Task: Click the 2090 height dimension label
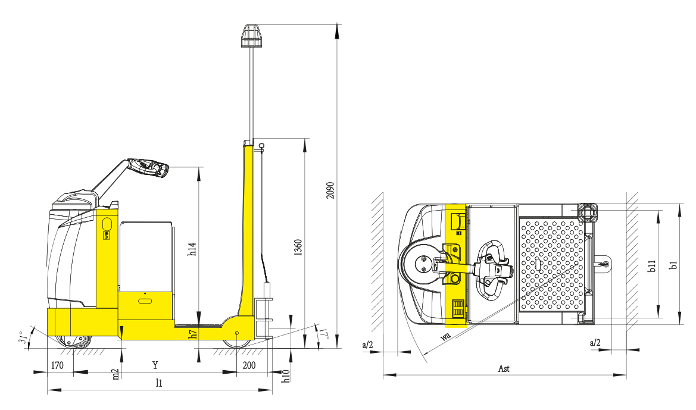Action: (x=330, y=190)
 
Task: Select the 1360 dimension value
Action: (x=298, y=248)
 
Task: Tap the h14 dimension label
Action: (x=192, y=249)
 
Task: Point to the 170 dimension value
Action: (x=57, y=365)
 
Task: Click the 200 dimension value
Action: (x=249, y=365)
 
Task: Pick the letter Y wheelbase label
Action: (x=155, y=365)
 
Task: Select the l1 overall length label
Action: (x=159, y=383)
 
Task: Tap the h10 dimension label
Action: (x=286, y=376)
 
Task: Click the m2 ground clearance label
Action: (x=116, y=374)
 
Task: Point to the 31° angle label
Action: (x=23, y=338)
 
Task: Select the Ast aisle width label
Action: (x=504, y=368)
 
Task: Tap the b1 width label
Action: (x=674, y=265)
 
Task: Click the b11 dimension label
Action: (x=651, y=266)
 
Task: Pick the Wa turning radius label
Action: (x=446, y=336)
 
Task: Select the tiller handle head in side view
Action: (x=149, y=167)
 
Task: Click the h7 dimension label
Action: (x=193, y=334)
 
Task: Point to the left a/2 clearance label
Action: (x=367, y=345)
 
